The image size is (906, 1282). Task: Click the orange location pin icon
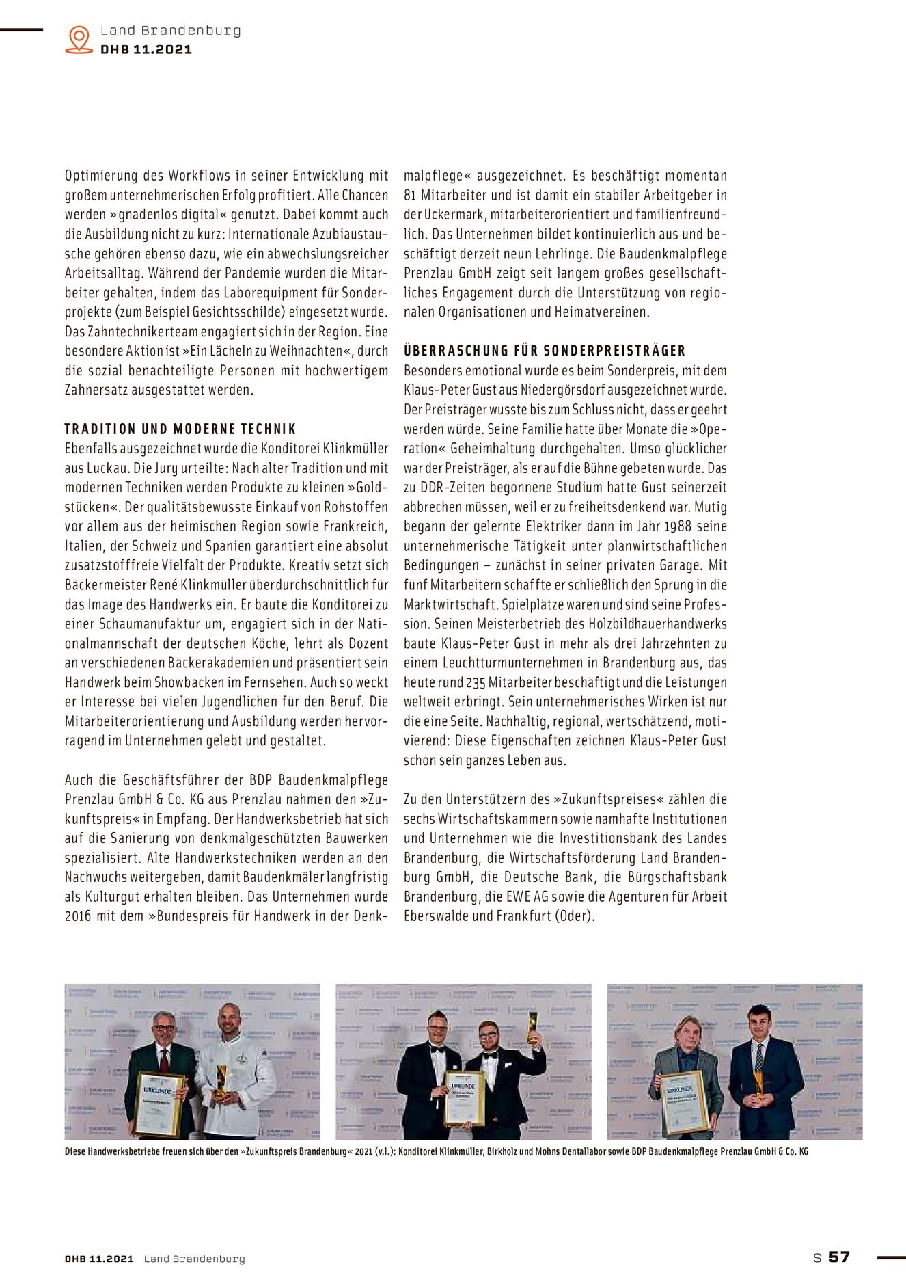point(79,39)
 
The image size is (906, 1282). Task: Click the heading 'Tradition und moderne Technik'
point(180,429)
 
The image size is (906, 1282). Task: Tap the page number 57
point(839,1257)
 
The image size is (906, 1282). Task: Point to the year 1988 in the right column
point(677,527)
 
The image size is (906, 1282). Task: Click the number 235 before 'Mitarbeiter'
point(476,683)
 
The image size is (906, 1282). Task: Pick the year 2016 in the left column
point(78,916)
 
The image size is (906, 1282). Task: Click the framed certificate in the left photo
point(161,1104)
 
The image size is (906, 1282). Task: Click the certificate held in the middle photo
point(464,1098)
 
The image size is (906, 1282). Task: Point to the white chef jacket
point(236,1087)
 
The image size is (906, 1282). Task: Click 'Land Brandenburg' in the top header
point(171,31)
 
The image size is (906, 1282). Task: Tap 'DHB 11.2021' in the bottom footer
point(99,1259)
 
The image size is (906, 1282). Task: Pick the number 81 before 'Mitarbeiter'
point(410,196)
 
